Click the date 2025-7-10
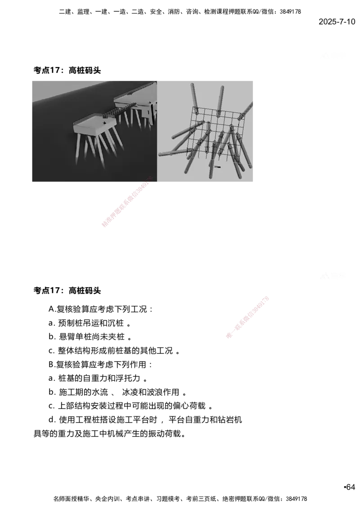pos(337,22)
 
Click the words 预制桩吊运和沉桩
pos(91,323)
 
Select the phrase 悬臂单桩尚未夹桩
pos(92,337)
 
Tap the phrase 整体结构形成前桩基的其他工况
pos(115,351)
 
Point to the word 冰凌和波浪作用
pos(151,392)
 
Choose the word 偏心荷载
pos(189,406)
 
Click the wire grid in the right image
pos(218,133)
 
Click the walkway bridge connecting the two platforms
pos(119,111)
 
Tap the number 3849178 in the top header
pos(290,12)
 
